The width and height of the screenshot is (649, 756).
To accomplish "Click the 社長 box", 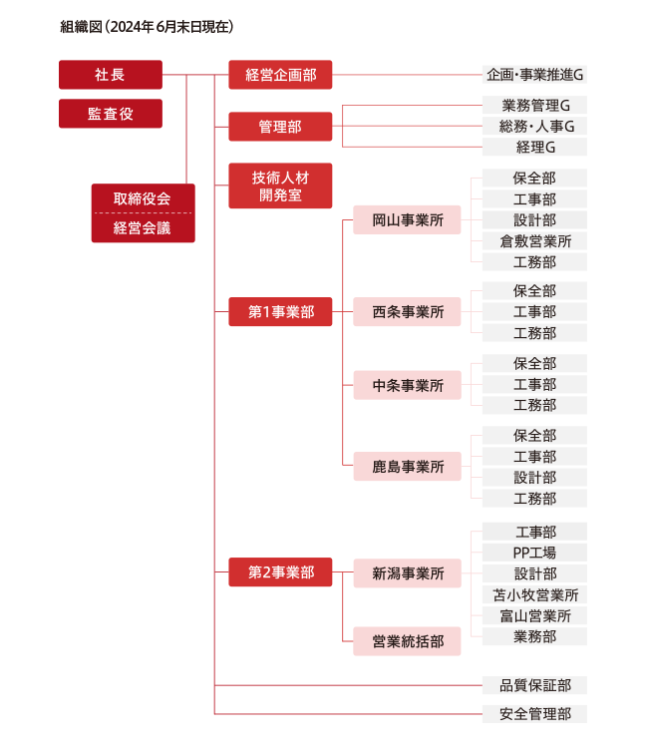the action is [x=111, y=75].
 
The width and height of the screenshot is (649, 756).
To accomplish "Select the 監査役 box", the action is [x=111, y=114].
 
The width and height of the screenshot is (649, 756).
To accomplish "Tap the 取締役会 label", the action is [x=143, y=198].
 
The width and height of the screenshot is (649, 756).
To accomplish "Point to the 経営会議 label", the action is [x=143, y=228].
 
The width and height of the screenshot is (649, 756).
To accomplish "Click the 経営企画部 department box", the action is [x=280, y=75].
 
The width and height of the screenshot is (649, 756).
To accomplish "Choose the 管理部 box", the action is [x=280, y=127].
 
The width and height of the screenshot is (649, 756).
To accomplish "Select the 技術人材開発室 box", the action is [x=280, y=186].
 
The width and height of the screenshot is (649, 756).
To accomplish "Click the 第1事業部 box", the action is [x=280, y=312].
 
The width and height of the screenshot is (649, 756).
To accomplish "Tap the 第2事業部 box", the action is [x=280, y=572].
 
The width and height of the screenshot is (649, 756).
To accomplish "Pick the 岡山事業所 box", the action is [x=407, y=219].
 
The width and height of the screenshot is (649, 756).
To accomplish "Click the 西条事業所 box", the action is [x=407, y=312].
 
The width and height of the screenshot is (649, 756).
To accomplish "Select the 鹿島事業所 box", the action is [x=407, y=466].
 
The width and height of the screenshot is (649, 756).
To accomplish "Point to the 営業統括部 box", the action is [x=407, y=641].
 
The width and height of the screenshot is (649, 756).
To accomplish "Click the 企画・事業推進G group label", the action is [x=534, y=75].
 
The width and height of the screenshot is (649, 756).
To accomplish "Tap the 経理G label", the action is [x=535, y=147].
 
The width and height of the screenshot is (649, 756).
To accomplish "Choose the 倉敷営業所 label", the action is [x=535, y=241].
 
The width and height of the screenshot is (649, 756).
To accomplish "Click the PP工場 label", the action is [x=534, y=553].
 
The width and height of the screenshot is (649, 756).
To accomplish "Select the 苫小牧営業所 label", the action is [x=535, y=595].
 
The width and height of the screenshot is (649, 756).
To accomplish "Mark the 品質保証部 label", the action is [x=535, y=685].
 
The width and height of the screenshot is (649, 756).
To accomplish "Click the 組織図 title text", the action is [x=81, y=27].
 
